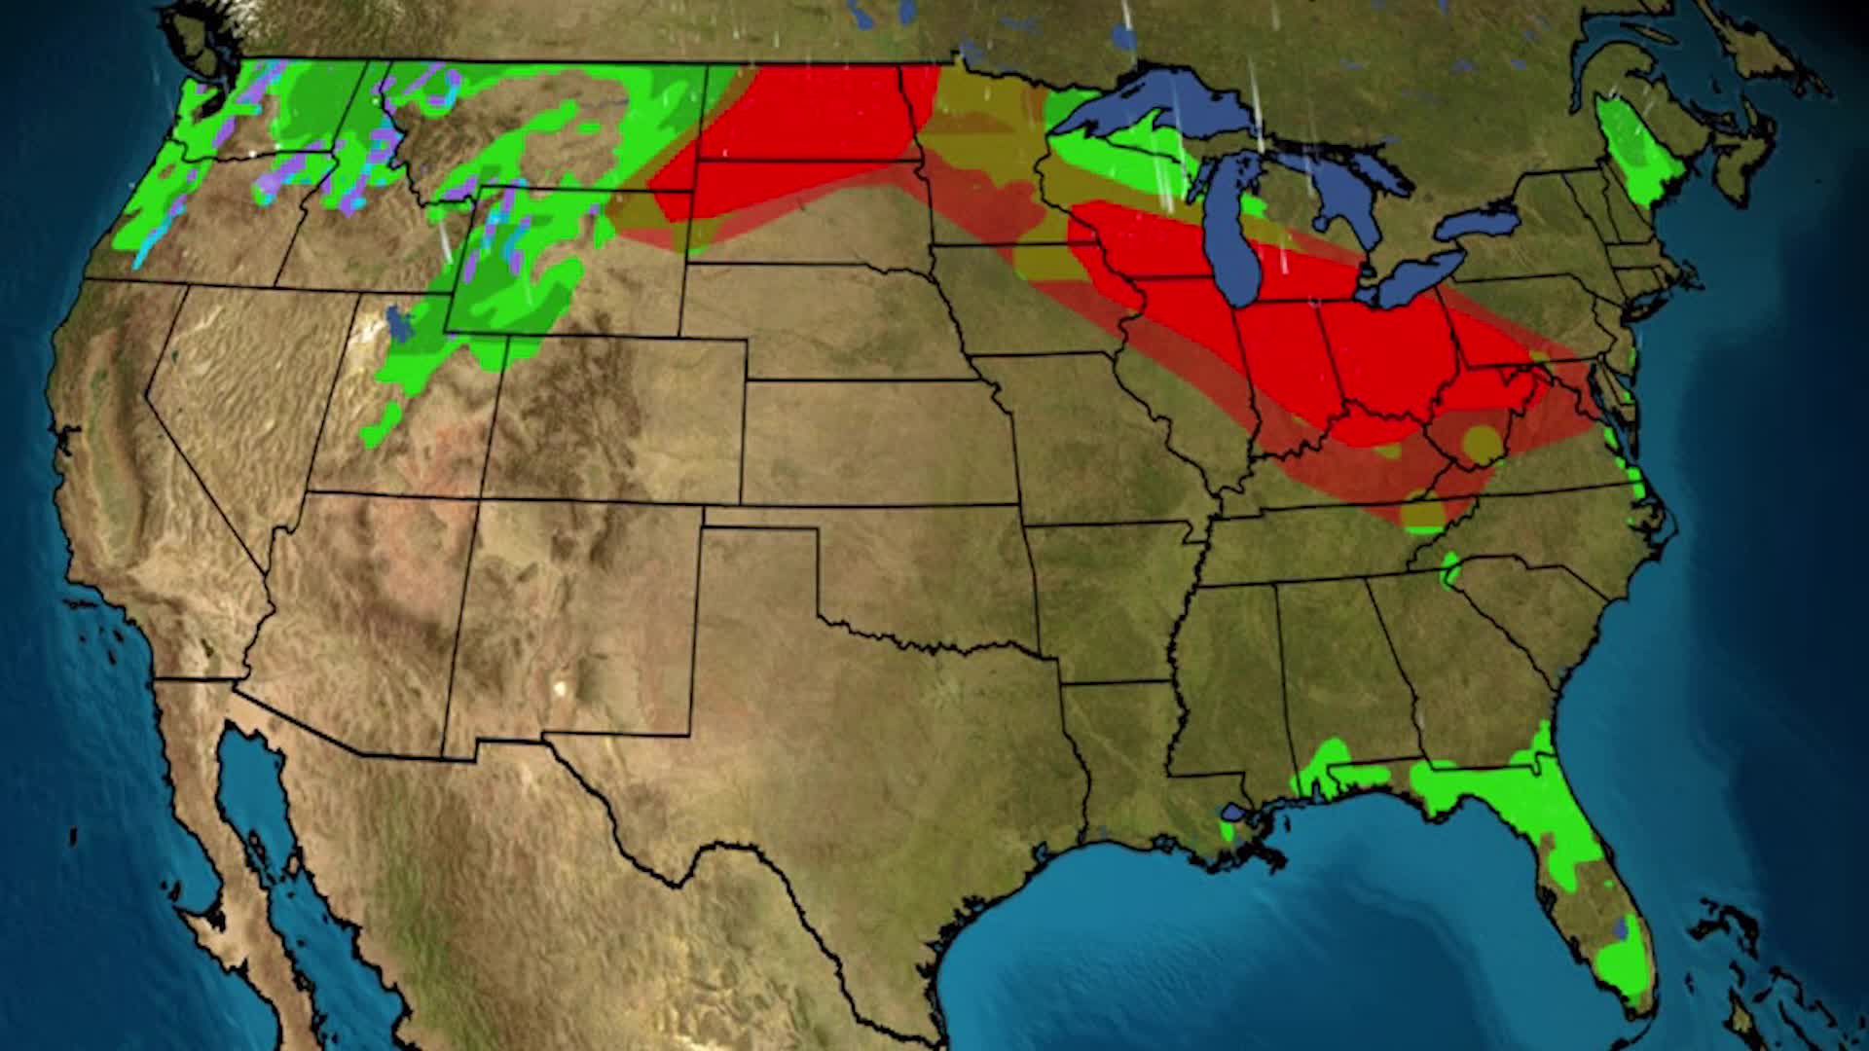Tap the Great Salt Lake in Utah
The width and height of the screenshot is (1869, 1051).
pyautogui.click(x=394, y=321)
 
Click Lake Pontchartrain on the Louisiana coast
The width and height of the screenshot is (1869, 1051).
pyautogui.click(x=1234, y=812)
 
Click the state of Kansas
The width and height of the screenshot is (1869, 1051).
pyautogui.click(x=876, y=443)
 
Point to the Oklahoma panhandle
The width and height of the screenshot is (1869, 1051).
pyautogui.click(x=759, y=518)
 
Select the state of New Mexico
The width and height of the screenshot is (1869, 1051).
pyautogui.click(x=574, y=623)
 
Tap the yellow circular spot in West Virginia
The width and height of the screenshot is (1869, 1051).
pyautogui.click(x=1482, y=443)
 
